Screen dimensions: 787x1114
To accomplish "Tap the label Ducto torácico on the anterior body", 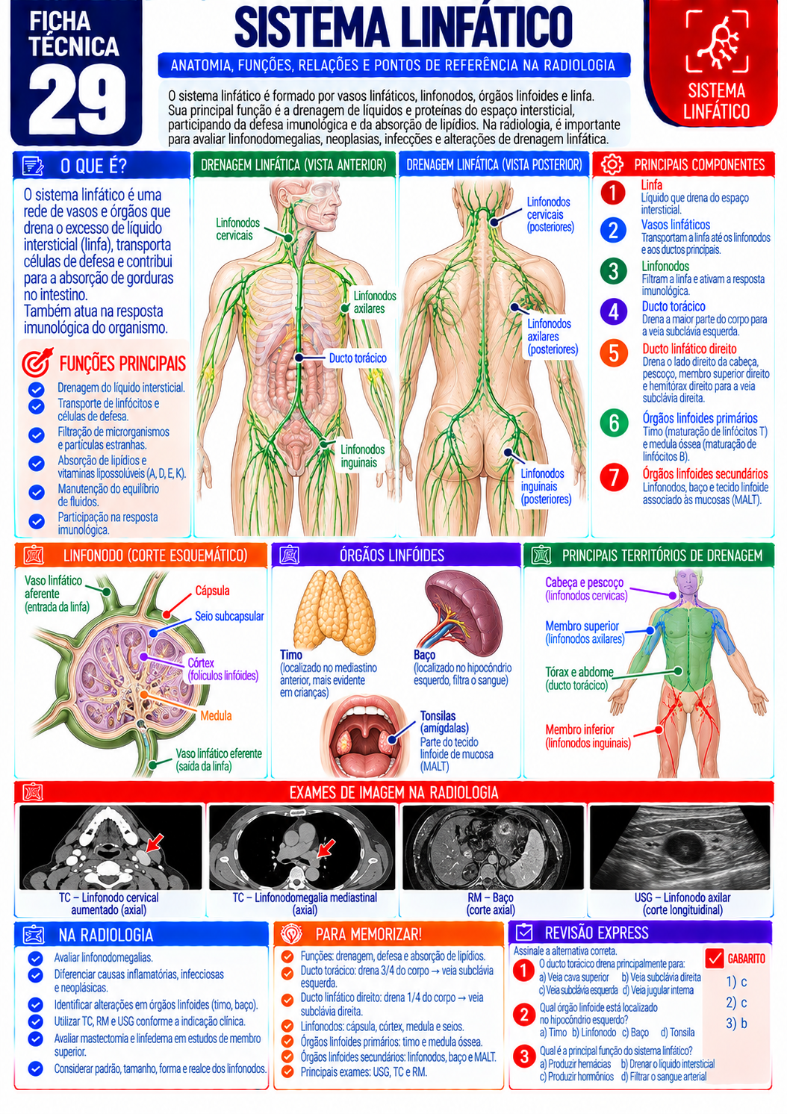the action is pos(358,358).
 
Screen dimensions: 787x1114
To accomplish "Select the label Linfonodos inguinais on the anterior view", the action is pos(363,456).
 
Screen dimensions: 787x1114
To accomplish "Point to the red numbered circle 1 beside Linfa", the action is pos(613,193).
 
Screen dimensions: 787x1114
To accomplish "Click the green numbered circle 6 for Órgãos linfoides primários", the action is pos(614,423).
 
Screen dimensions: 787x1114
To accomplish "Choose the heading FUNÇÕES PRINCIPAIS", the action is pos(122,364).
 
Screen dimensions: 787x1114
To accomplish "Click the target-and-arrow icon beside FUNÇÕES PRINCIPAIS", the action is pos(37,362).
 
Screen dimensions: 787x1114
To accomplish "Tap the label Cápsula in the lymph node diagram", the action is pos(212,591).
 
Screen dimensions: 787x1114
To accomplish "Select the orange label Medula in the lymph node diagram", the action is pos(216,715).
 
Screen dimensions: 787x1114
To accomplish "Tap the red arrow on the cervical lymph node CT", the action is pos(155,841).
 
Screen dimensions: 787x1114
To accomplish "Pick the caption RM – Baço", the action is pos(491,897).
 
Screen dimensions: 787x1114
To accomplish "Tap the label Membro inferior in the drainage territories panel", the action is pos(579,729).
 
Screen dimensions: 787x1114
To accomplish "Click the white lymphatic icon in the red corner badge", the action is pos(716,41).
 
